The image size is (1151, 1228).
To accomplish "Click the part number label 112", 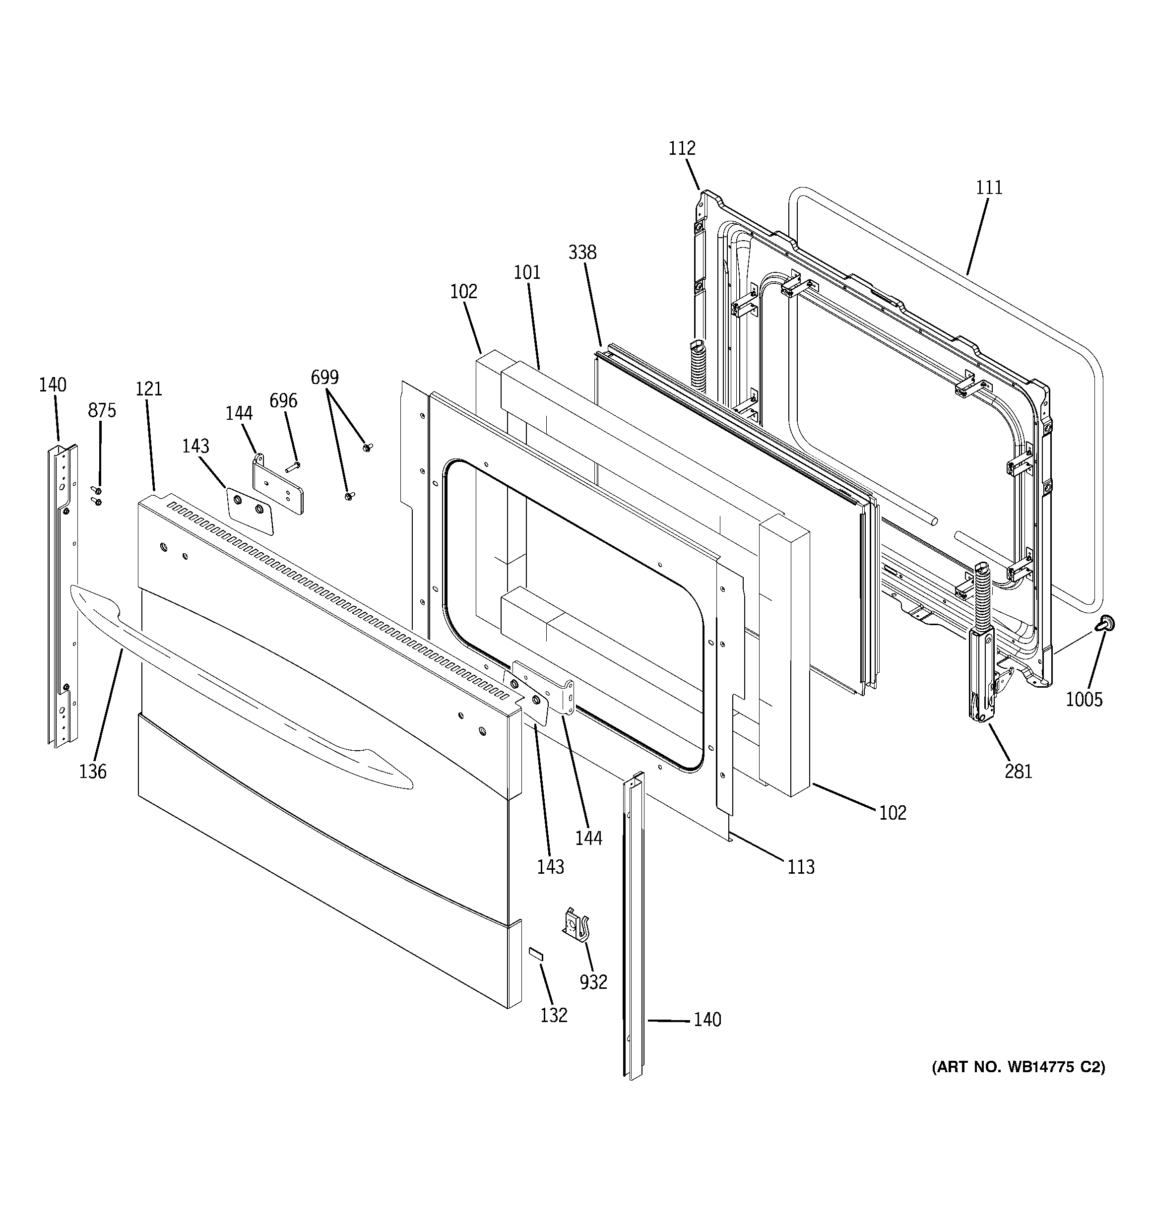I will [682, 148].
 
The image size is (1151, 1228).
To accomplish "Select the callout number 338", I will [582, 252].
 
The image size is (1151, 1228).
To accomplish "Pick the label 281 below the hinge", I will [1018, 772].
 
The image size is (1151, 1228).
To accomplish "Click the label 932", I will [593, 982].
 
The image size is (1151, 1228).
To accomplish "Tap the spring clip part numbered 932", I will [574, 928].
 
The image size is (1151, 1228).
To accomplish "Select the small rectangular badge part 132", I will [535, 954].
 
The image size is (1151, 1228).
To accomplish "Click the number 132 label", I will [554, 1015].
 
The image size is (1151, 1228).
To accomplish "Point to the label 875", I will [102, 411].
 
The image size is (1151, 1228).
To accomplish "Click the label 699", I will [324, 377].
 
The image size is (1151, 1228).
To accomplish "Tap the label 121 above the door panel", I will [149, 388].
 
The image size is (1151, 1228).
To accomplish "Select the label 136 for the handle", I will [93, 772].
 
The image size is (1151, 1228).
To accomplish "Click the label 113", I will [801, 867].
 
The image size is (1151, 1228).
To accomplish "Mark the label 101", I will [527, 272].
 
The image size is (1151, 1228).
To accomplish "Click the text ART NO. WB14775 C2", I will [1018, 1067].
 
